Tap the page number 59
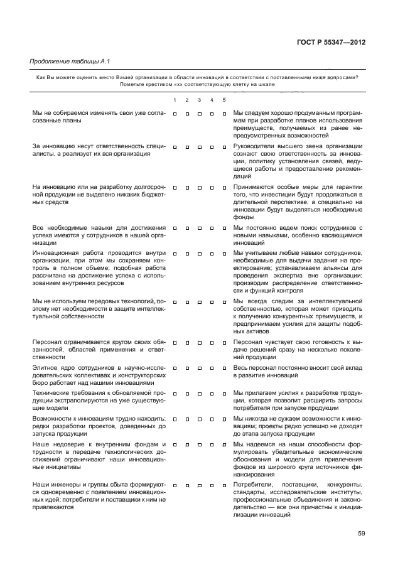pyautogui.click(x=362, y=534)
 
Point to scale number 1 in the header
pyautogui.click(x=175, y=100)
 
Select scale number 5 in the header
pyautogui.click(x=224, y=100)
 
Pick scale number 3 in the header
pyautogui.click(x=199, y=100)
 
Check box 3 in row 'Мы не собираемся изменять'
pyautogui.click(x=199, y=114)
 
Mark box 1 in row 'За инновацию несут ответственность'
pyautogui.click(x=175, y=147)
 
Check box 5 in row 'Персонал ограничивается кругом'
pyautogui.click(x=224, y=343)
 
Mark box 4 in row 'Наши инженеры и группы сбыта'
pyautogui.click(x=212, y=485)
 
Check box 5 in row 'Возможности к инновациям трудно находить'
pyautogui.click(x=224, y=418)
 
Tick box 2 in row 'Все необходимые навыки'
pyautogui.click(x=187, y=227)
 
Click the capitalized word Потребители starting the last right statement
pyautogui.click(x=252, y=485)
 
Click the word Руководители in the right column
pyautogui.click(x=254, y=146)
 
